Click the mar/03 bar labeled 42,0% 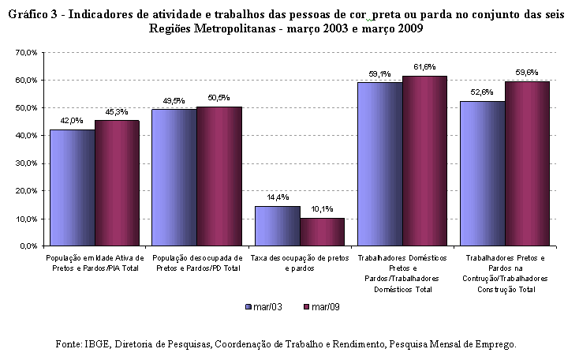click(73, 188)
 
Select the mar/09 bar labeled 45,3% click(117, 183)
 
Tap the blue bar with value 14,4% click(278, 227)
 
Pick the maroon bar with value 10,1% click(323, 232)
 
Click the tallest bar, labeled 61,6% click(424, 161)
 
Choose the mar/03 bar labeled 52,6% click(483, 174)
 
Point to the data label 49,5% click(174, 101)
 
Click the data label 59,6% click(527, 73)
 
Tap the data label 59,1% click(379, 74)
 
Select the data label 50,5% click(219, 98)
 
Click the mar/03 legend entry click(263, 307)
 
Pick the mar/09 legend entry click(321, 307)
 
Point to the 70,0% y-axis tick click(27, 52)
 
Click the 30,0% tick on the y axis click(27, 163)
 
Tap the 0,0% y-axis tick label click(28, 246)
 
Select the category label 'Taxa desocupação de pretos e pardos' click(300, 263)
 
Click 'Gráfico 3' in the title click(32, 14)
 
